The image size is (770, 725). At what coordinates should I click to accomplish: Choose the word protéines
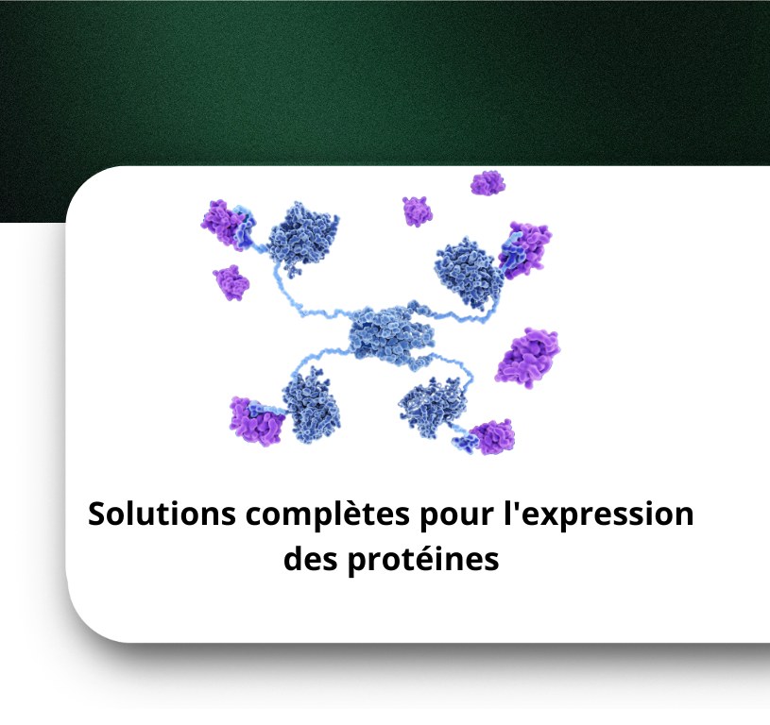coord(423,561)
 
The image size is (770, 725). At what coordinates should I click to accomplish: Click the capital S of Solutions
coord(98,514)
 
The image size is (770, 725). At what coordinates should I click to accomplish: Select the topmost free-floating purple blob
coord(488,183)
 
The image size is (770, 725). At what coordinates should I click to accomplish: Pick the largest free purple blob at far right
coord(528,357)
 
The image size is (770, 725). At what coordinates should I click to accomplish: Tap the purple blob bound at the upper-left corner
coord(223,224)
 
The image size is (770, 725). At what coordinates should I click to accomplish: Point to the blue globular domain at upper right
coord(469,273)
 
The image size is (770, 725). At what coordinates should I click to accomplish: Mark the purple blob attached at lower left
coord(255,422)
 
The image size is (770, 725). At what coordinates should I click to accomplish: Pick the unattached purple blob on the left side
coord(231,282)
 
